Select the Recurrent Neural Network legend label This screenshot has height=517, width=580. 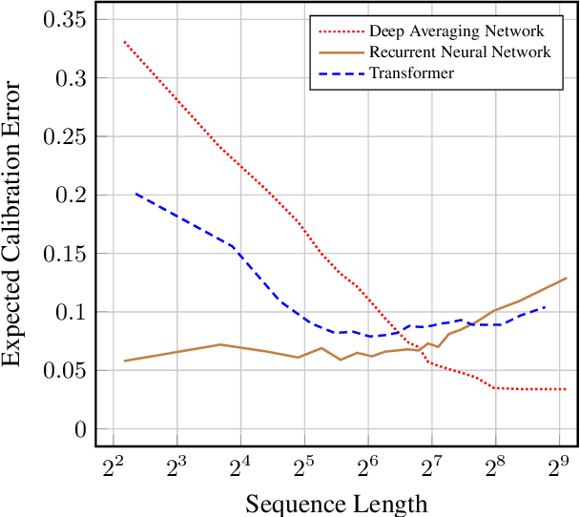click(459, 52)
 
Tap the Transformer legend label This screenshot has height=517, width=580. click(412, 72)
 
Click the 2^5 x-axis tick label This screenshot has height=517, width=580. click(304, 466)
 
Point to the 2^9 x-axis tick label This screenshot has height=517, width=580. click(559, 466)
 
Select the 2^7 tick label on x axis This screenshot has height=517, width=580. click(431, 466)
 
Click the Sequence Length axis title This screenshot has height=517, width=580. click(336, 502)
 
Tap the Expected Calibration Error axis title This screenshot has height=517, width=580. click(15, 223)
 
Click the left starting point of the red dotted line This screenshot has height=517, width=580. click(124, 42)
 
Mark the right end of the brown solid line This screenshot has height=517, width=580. click(567, 279)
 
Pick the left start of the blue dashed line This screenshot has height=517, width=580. click(135, 193)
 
